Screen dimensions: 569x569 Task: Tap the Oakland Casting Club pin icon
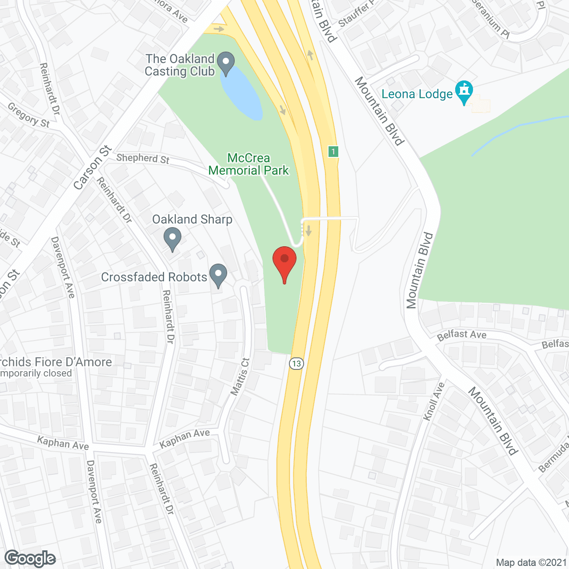pyautogui.click(x=227, y=63)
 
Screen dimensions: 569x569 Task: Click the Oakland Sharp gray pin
pyautogui.click(x=172, y=238)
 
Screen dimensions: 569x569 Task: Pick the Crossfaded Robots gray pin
pyautogui.click(x=218, y=275)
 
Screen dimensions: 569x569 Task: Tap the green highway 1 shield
pyautogui.click(x=333, y=151)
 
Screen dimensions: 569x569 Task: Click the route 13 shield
pyautogui.click(x=296, y=364)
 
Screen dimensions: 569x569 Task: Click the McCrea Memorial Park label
pyautogui.click(x=248, y=164)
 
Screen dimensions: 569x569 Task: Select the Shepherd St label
pyautogui.click(x=143, y=158)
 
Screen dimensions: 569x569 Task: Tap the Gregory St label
pyautogui.click(x=29, y=115)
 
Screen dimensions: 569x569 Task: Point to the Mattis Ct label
pyautogui.click(x=240, y=377)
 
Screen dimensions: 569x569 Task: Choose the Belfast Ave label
pyautogui.click(x=461, y=335)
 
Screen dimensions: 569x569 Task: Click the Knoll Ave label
pyautogui.click(x=434, y=401)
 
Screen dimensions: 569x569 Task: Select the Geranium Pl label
pyautogui.click(x=491, y=18)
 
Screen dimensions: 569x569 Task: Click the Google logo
pyautogui.click(x=30, y=558)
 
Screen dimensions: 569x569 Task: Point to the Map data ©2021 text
pyautogui.click(x=531, y=562)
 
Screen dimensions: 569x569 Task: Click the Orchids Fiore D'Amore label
pyautogui.click(x=56, y=362)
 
